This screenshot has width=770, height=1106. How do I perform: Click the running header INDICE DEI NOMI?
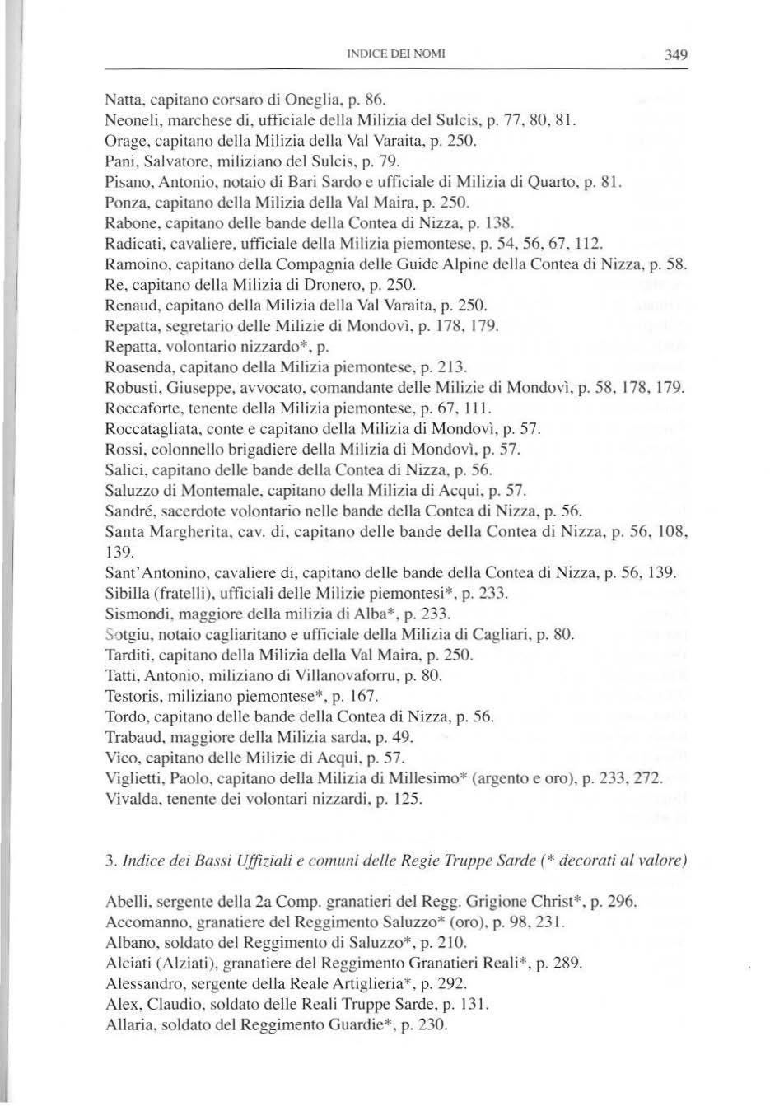tap(397, 55)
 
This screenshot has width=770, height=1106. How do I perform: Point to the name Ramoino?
tap(132, 264)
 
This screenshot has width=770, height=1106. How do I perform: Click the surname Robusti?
tap(130, 388)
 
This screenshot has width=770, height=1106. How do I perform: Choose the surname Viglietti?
tap(132, 779)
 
